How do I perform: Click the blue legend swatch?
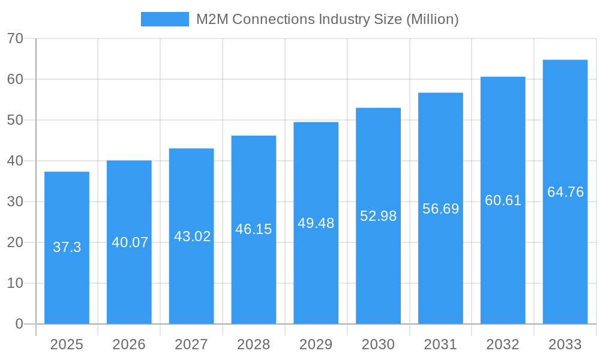pos(164,19)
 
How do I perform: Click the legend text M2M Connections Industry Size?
pos(327,19)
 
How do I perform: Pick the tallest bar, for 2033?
pos(565,264)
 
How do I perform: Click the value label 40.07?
pos(130,242)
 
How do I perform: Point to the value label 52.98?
pos(378,216)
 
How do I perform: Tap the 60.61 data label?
pos(503,200)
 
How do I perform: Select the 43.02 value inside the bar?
pos(192,236)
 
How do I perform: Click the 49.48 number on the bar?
pos(316,223)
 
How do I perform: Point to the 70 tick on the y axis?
pos(15,38)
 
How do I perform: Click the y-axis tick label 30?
pos(15,202)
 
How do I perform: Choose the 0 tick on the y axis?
pos(19,324)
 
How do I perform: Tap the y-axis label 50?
pos(15,120)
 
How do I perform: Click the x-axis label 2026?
pos(129,344)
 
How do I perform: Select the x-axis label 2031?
pos(440,344)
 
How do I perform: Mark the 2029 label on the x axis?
pos(316,344)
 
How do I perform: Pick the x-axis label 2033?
pos(565,344)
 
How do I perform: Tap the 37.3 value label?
pos(67,247)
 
